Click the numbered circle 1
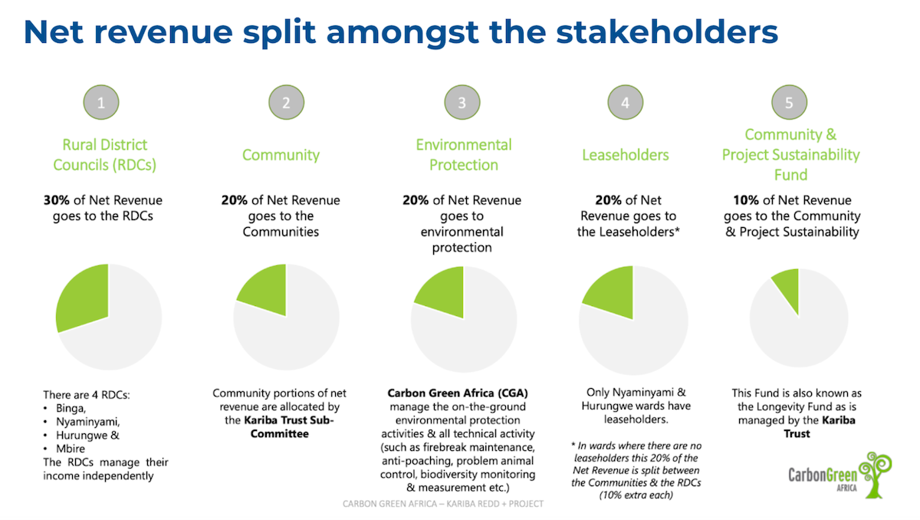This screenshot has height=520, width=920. [101, 103]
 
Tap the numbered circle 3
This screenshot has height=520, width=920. [462, 103]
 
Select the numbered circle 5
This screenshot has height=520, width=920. [790, 103]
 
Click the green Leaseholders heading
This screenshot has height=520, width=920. [625, 155]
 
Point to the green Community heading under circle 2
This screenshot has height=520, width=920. [281, 155]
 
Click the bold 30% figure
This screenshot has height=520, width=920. [58, 200]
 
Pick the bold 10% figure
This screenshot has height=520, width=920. [737, 200]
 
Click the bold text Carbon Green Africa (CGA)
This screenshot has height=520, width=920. [458, 393]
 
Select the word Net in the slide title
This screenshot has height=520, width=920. [58, 31]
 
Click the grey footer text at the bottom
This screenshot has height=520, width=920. [443, 503]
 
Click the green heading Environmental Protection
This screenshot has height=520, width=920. [463, 154]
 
